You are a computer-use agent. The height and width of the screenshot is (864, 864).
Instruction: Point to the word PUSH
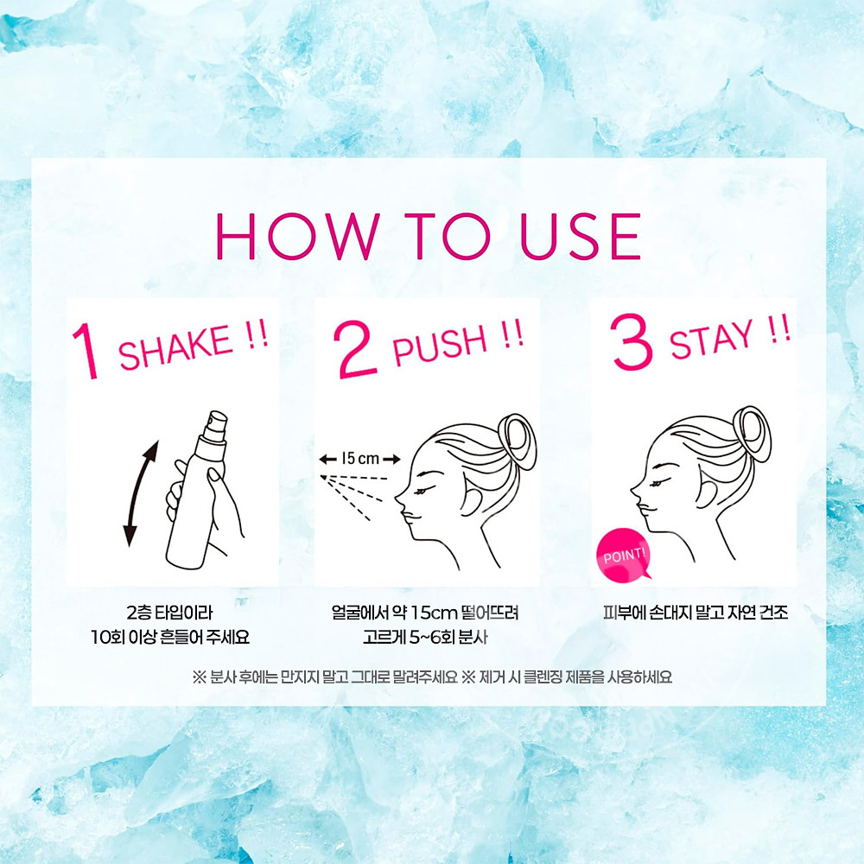tap(440, 342)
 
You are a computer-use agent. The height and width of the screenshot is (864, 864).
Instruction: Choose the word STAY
tap(710, 339)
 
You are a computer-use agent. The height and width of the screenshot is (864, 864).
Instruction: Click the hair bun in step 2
tap(522, 439)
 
